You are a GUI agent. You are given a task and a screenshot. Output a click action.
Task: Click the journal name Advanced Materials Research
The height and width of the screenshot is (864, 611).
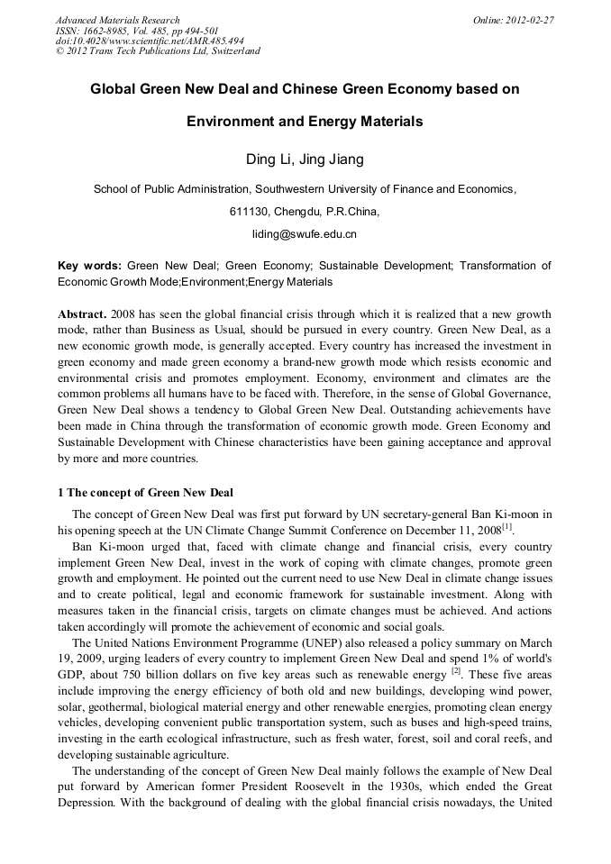click(x=117, y=20)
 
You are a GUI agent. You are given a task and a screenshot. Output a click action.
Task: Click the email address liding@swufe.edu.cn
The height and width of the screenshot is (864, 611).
click(x=305, y=234)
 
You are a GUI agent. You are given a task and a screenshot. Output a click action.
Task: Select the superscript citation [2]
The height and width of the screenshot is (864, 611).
click(x=456, y=671)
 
